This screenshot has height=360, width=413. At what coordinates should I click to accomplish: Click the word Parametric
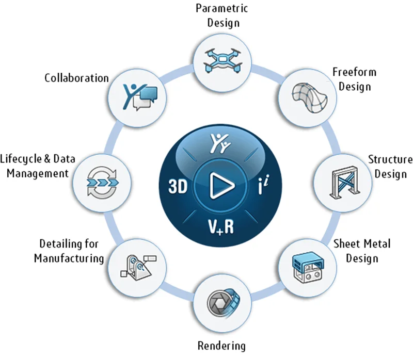[x=221, y=9]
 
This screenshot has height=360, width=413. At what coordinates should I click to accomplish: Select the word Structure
[x=390, y=159]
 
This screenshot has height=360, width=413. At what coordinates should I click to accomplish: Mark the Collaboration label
[x=76, y=78]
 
